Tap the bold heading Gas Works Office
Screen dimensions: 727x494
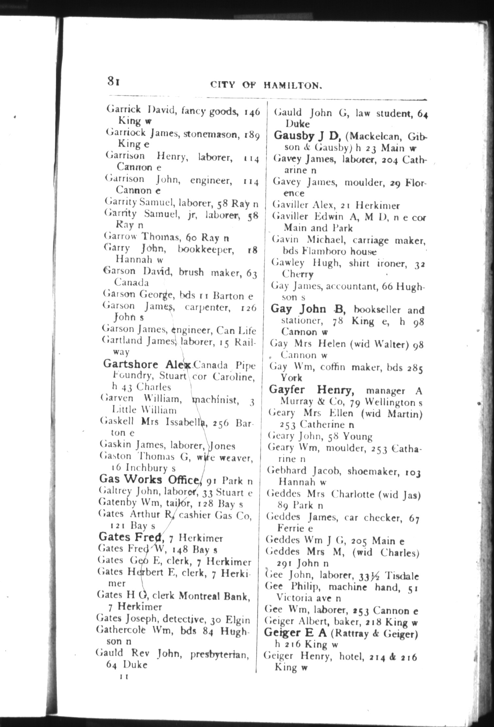click(149, 479)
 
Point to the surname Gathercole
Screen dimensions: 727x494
click(121, 630)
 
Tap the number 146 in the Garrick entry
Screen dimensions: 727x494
click(252, 112)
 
